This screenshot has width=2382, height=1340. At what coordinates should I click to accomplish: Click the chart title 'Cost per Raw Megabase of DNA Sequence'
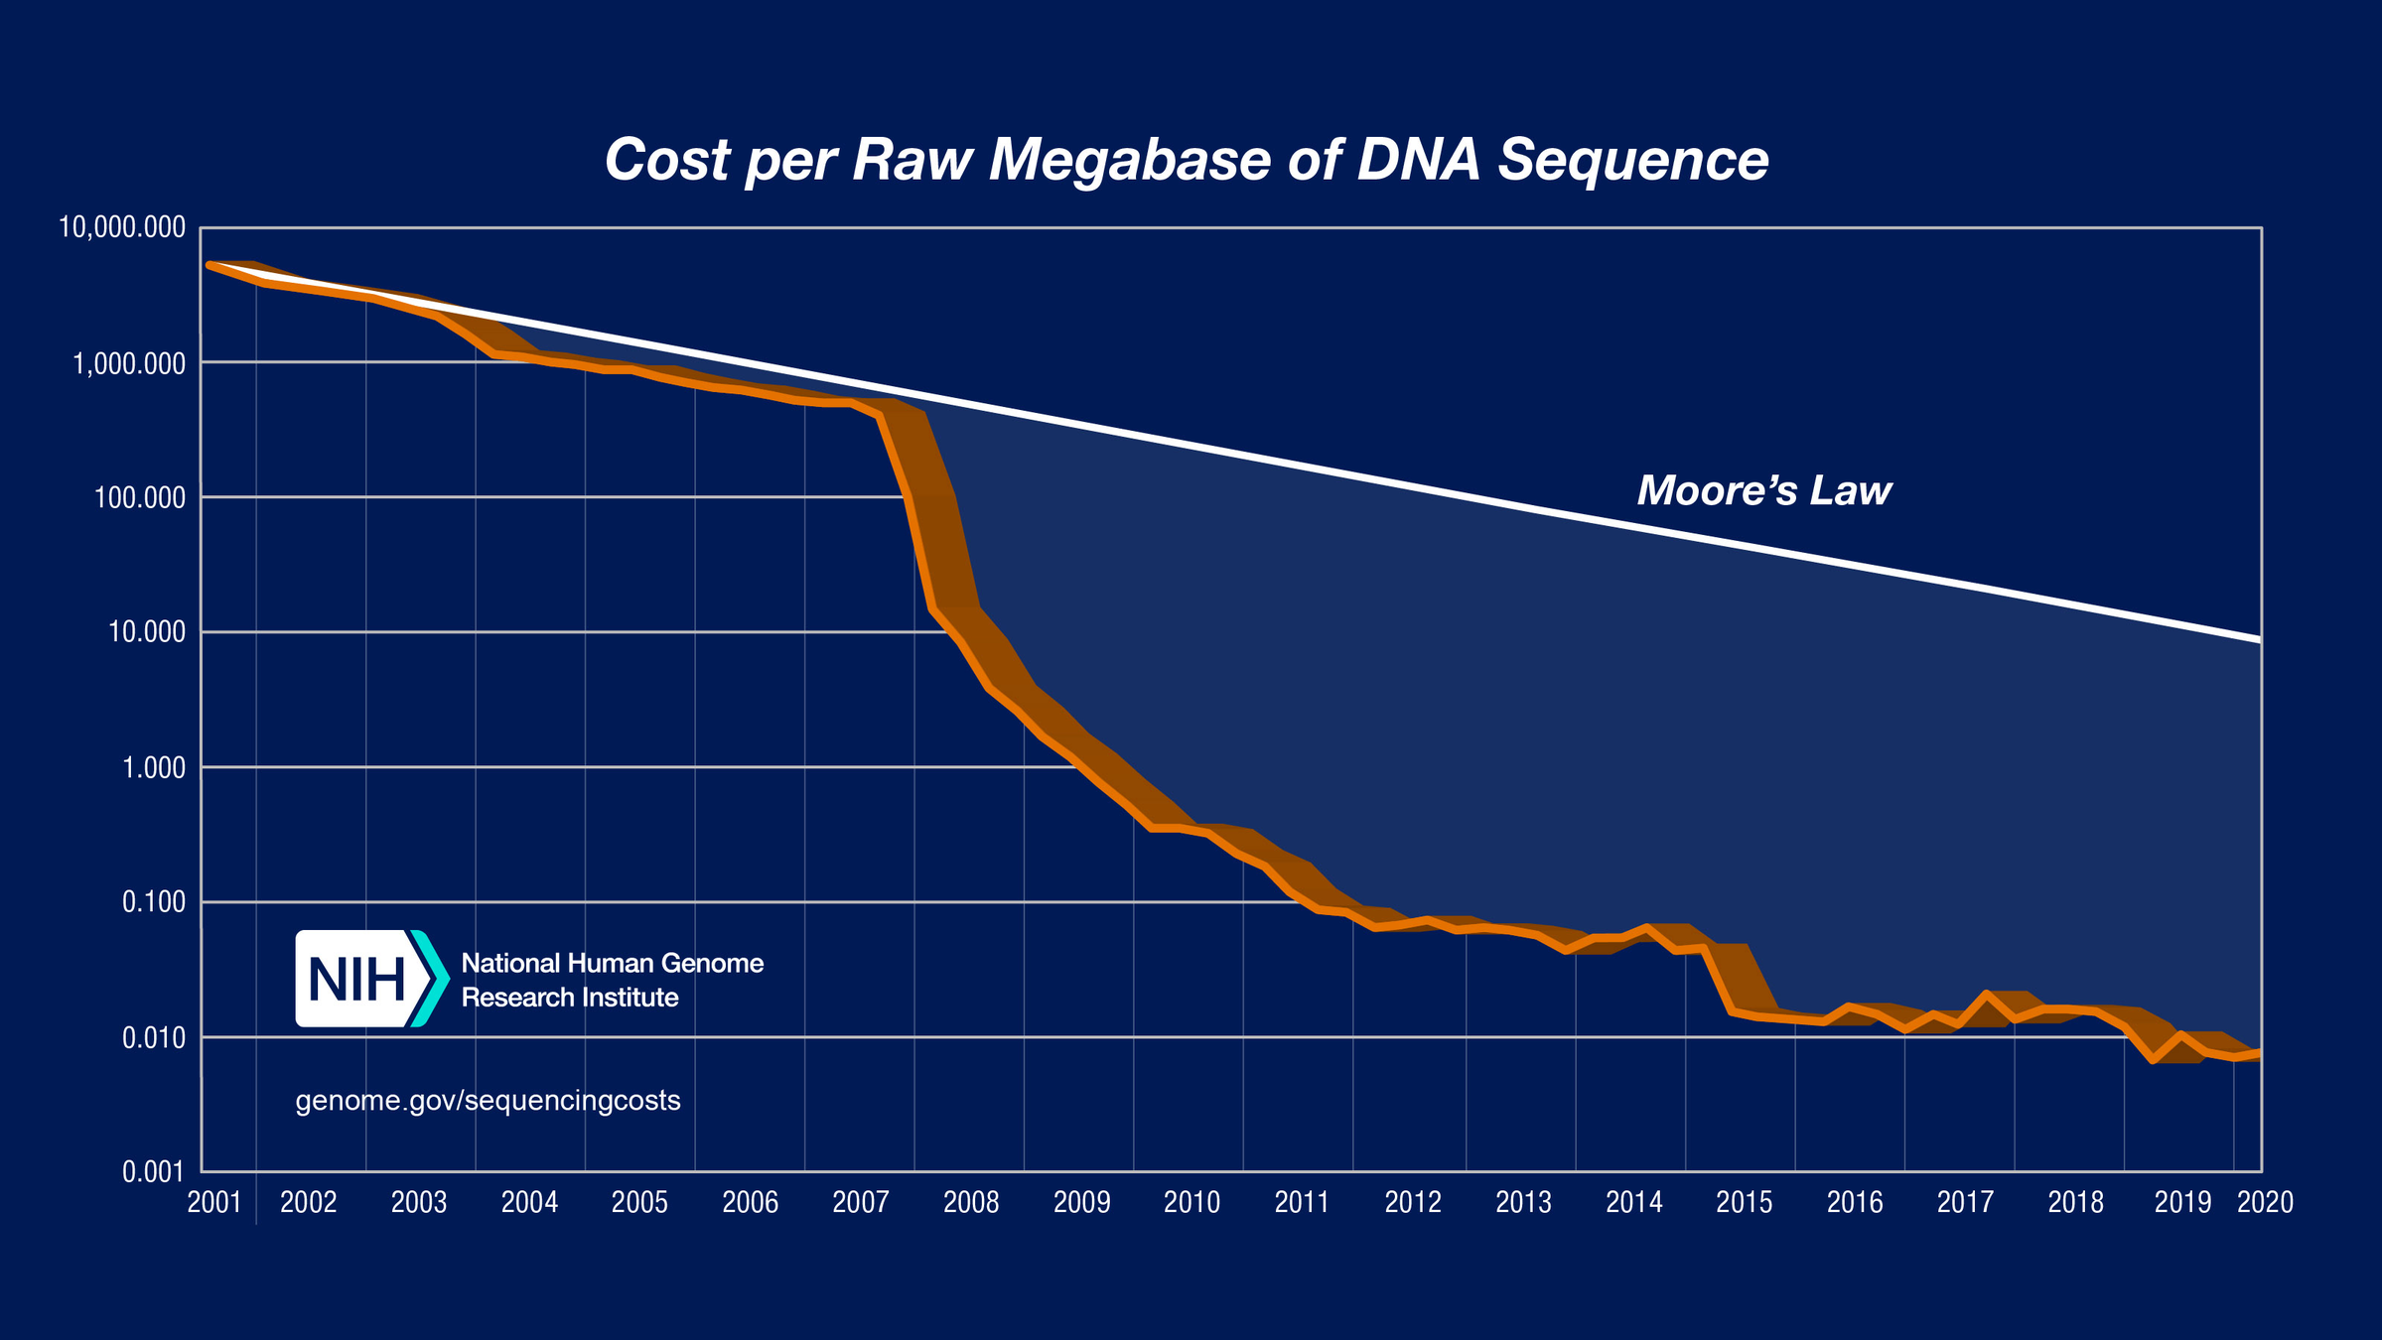coord(1187,160)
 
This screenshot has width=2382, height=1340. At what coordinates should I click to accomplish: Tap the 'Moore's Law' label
coord(1764,490)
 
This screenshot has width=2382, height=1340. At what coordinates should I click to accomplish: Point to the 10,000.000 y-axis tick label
coord(122,227)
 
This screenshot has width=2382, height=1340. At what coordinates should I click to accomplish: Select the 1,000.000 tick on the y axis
coord(129,363)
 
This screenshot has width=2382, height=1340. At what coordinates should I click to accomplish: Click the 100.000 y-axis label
coord(140,497)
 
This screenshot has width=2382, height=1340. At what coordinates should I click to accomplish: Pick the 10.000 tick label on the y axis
coord(146,632)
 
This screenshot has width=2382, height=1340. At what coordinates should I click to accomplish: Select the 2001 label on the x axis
coord(214,1203)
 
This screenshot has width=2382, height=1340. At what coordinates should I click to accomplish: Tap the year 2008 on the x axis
coord(971,1203)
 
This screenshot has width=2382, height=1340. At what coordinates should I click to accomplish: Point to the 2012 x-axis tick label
coord(1413,1203)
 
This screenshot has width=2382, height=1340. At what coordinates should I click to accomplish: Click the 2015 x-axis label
coord(1745,1203)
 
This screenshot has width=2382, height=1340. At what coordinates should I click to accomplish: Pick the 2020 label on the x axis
coord(2265,1203)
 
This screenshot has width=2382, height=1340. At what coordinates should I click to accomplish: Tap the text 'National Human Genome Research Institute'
coord(612,980)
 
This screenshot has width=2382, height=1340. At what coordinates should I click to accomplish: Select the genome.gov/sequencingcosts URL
coord(488,1101)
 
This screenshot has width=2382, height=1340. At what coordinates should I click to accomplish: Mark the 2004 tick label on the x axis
coord(529,1203)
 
